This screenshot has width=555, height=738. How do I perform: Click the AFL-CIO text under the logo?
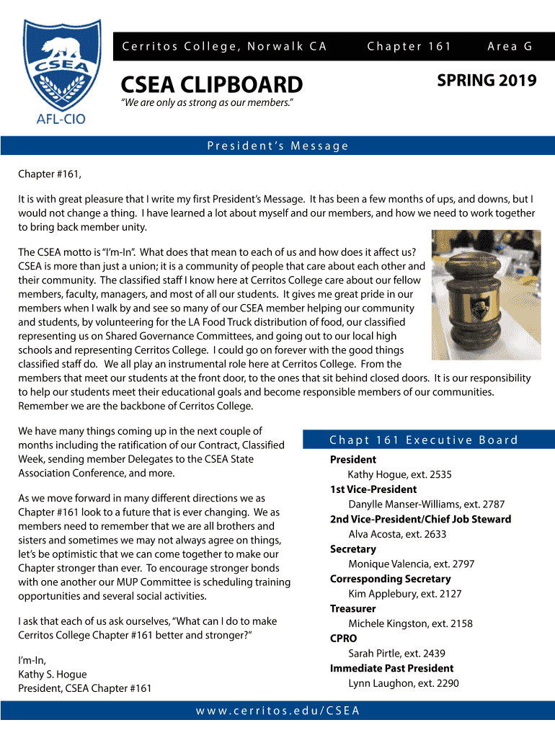click(61, 119)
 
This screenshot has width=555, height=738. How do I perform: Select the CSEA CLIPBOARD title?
click(211, 85)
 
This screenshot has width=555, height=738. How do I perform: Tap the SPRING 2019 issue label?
click(487, 80)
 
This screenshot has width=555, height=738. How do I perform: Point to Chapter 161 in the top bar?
click(409, 47)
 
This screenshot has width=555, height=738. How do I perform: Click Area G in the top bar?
click(510, 47)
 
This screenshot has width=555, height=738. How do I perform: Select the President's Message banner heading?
click(277, 146)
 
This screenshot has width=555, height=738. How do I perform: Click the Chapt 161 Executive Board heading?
click(423, 440)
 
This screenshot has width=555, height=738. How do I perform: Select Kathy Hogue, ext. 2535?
click(399, 474)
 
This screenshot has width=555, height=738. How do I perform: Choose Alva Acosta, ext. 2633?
click(397, 534)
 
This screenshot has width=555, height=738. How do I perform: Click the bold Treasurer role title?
click(353, 609)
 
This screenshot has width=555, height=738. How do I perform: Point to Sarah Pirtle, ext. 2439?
click(396, 654)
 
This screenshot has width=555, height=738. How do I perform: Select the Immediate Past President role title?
click(391, 668)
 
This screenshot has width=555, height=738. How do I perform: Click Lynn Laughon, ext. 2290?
click(403, 683)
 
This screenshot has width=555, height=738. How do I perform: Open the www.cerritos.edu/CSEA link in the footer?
click(277, 711)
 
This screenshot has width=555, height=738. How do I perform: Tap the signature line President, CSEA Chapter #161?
click(84, 688)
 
